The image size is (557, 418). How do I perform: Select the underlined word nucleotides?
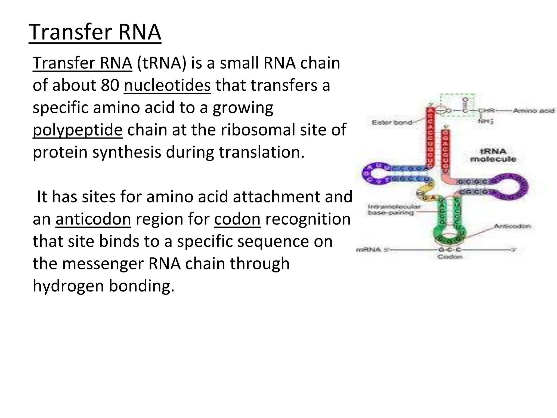click(167, 85)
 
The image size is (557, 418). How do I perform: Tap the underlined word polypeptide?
click(78, 130)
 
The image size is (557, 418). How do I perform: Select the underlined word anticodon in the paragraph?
click(93, 219)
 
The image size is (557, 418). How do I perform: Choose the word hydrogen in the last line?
click(68, 286)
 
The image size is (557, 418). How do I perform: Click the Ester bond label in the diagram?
click(392, 122)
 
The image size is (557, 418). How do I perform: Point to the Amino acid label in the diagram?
click(533, 110)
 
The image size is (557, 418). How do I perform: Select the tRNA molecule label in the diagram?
click(493, 155)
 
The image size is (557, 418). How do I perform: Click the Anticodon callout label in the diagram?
click(512, 226)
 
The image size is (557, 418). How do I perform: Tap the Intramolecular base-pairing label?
click(394, 210)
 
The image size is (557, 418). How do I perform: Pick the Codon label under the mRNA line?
click(450, 257)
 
